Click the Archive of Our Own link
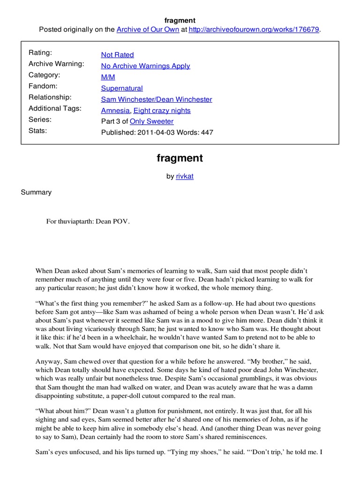[x=148, y=30]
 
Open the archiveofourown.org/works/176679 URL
[x=254, y=30]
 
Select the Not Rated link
[x=117, y=55]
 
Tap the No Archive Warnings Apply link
[x=145, y=66]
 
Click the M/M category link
[x=108, y=77]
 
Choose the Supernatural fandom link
[x=122, y=88]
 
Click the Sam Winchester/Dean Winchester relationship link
[x=157, y=99]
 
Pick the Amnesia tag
[x=115, y=111]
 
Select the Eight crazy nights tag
[x=162, y=111]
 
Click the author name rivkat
[x=184, y=177]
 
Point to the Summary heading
[x=36, y=192]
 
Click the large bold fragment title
[x=180, y=158]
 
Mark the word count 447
[x=207, y=133]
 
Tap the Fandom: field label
[x=43, y=86]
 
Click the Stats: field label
[x=38, y=131]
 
